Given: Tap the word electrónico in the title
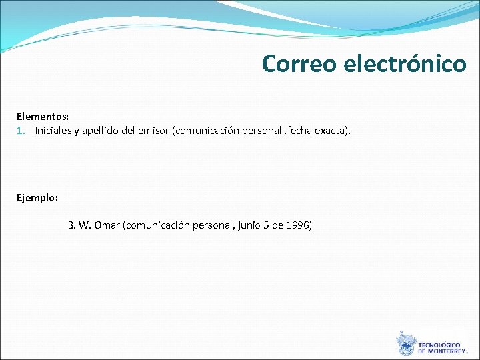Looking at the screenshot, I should (405, 63).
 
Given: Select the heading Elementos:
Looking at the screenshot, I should (43, 117).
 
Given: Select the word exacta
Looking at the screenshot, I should (333, 130).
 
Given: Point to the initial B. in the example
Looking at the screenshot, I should (71, 225).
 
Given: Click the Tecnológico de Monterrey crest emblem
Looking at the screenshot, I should (406, 344).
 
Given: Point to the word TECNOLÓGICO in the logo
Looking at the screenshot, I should (439, 345).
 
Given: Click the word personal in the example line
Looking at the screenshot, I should (210, 225).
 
